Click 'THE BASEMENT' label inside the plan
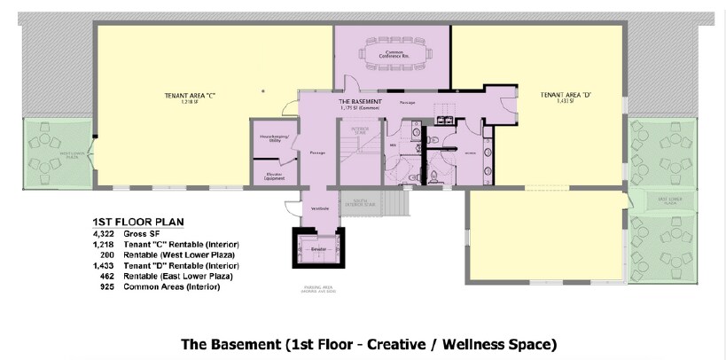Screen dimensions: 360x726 (361, 102)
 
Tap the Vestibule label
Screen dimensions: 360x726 (319, 208)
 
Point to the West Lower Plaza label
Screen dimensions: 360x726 (48, 154)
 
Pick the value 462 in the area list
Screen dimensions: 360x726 (107, 276)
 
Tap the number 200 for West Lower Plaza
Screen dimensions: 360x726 (107, 254)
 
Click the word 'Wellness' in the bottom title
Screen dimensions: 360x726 (453, 343)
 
